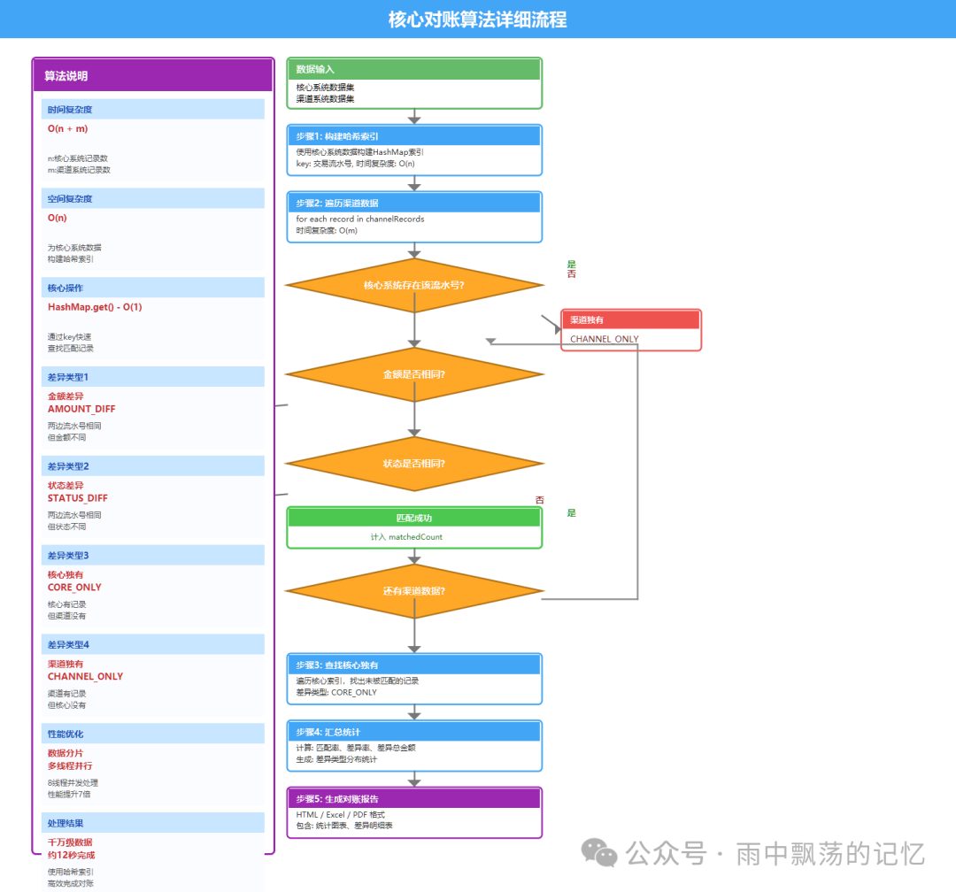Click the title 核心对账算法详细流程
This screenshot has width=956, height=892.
coord(477,19)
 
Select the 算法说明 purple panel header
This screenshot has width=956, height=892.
coord(152,76)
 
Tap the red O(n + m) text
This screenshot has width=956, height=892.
coord(68,129)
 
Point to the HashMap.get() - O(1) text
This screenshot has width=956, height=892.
coord(95,307)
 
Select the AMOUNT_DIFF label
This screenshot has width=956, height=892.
coord(81,409)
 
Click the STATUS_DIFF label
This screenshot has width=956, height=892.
coord(78,498)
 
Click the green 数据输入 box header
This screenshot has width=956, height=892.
coord(413,69)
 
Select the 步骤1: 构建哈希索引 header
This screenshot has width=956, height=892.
coord(413,136)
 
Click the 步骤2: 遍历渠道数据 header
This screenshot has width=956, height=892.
coord(413,204)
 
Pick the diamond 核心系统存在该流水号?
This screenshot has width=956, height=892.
coord(413,285)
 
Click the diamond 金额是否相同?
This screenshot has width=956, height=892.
coord(413,374)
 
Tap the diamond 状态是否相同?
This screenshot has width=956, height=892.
coord(413,464)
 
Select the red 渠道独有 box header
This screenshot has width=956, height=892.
coord(631,319)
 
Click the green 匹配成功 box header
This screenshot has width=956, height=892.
coord(413,518)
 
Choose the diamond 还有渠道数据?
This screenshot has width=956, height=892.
coord(413,591)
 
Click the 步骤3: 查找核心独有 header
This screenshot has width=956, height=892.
coord(413,665)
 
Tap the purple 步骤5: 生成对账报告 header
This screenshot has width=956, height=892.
coord(413,799)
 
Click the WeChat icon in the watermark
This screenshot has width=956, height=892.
coord(599,854)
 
